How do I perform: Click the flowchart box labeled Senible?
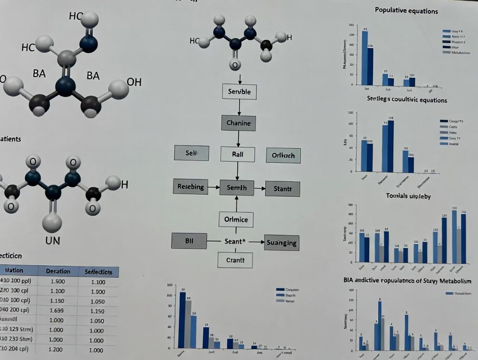point(239,92)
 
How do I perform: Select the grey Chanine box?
point(239,123)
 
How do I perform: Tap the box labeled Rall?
point(237,154)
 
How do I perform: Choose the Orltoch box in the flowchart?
point(283,155)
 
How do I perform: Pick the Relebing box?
point(191,187)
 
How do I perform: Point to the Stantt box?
point(283,189)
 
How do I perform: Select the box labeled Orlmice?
point(236,219)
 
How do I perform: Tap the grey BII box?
point(189,241)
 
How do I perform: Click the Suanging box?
point(281,243)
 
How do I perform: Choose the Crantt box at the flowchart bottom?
point(235,260)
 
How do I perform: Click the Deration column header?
point(58,271)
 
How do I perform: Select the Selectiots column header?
point(98,272)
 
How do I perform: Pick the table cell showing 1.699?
point(57,310)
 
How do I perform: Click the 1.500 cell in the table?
point(57,282)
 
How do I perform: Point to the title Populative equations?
point(406,10)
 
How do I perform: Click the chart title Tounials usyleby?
point(408,196)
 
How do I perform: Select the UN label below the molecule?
point(52,241)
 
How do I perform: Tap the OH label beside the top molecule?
point(134,82)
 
